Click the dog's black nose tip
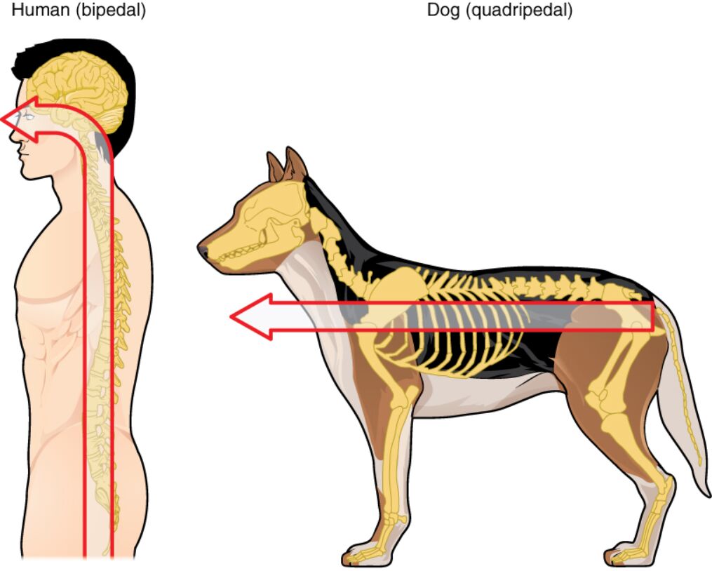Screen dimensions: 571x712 pos(202,248)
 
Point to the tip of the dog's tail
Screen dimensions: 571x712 pos(705,491)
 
